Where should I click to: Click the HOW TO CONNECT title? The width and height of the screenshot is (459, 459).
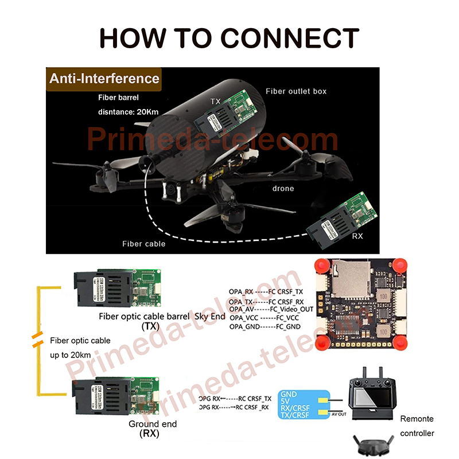coord(229,38)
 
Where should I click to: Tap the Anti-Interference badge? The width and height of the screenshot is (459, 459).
coord(104,79)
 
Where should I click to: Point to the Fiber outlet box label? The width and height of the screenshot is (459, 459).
coord(296,91)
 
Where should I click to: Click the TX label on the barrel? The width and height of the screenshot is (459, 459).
coord(215,102)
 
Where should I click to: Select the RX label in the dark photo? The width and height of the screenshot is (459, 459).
coord(357,235)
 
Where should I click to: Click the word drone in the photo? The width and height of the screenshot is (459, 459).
coord(282,188)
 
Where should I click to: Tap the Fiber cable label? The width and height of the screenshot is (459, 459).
coord(143,244)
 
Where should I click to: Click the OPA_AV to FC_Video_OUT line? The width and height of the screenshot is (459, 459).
coord(271,309)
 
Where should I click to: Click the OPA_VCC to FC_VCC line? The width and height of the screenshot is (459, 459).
coord(263,317)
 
